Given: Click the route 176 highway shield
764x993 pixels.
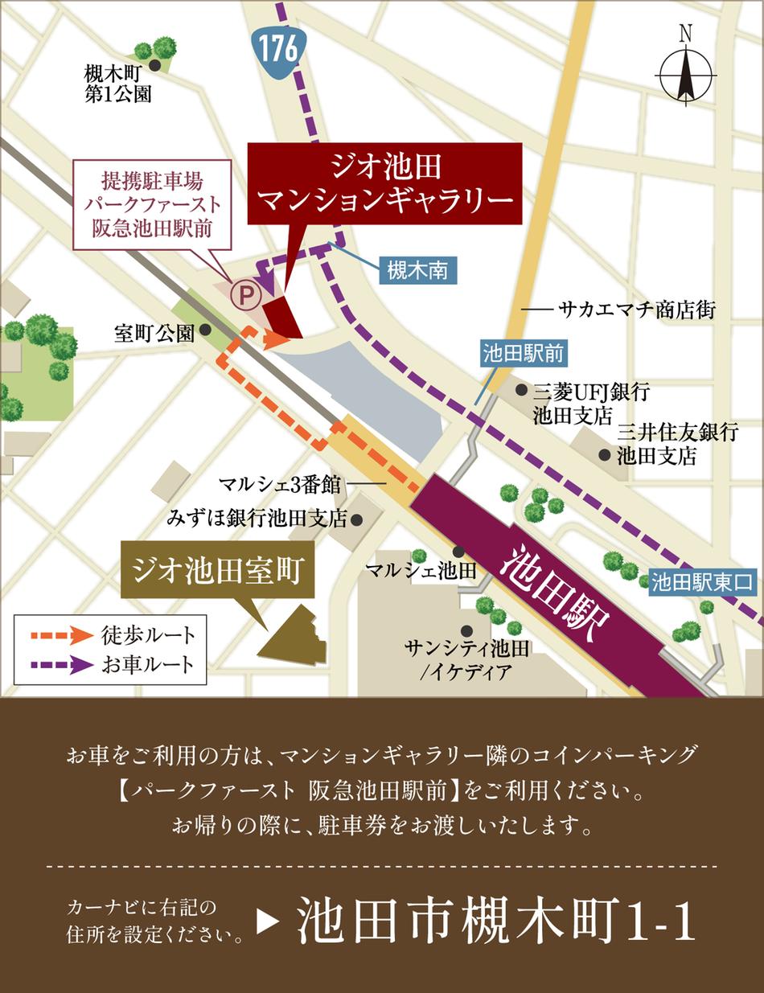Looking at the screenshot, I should click(278, 50).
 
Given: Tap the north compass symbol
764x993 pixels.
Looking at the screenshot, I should click(686, 71).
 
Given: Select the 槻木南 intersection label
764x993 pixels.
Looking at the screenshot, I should click(418, 271).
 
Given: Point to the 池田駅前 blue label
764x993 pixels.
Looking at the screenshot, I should click(524, 352).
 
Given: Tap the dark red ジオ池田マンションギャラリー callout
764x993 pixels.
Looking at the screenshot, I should click(384, 183).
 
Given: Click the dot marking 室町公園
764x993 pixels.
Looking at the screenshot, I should click(206, 330).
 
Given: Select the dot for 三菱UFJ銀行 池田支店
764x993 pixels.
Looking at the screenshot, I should click(521, 391).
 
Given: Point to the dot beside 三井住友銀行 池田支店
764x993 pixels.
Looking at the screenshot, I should click(604, 455).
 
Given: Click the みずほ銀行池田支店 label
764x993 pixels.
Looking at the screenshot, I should click(257, 519).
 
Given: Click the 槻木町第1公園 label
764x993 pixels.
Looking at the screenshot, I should click(118, 84).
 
